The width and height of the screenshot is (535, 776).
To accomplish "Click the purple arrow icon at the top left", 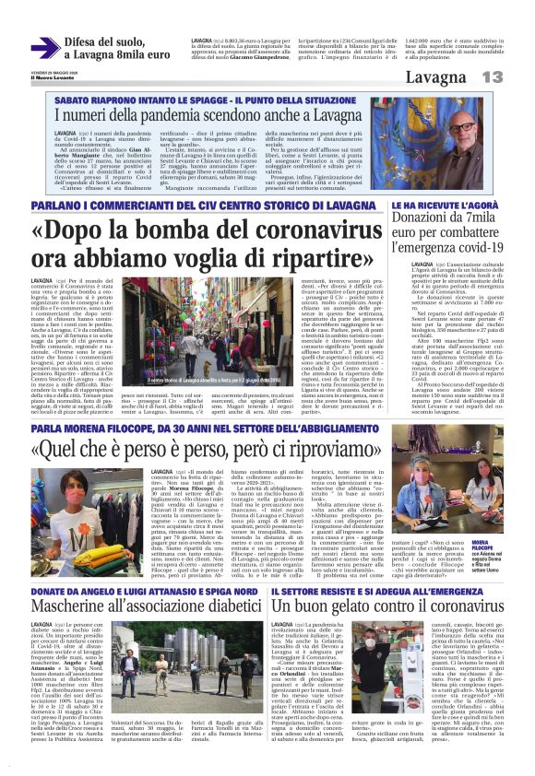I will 44,47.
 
